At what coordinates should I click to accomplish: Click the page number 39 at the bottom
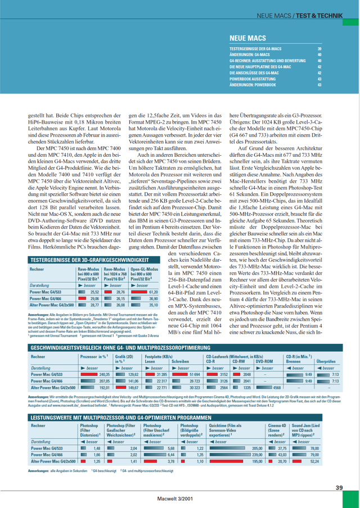(x=339, y=487)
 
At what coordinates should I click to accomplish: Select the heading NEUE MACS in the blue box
(x=249, y=39)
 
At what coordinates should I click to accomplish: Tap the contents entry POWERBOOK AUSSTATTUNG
(x=252, y=79)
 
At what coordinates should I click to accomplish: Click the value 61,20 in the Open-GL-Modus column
(x=152, y=292)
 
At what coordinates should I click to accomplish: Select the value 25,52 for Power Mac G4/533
(x=94, y=292)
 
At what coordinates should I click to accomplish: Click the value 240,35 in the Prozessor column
(x=103, y=358)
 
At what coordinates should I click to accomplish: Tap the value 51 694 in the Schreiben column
(x=195, y=358)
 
